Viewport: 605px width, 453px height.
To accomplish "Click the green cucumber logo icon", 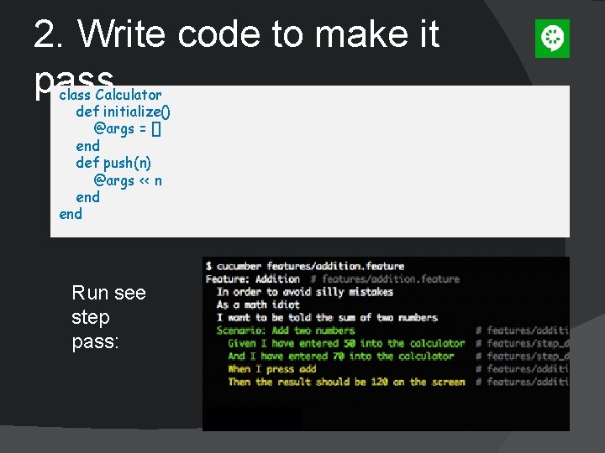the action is (x=552, y=39).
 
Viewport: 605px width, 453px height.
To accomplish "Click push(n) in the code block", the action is (x=127, y=163).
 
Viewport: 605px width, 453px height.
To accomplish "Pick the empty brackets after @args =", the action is (x=156, y=128).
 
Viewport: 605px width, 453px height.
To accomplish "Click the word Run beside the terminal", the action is (x=90, y=293).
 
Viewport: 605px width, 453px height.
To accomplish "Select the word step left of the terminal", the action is (x=91, y=318).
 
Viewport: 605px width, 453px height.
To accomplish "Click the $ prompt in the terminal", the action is (x=208, y=267).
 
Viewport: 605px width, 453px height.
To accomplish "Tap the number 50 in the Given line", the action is (x=350, y=343).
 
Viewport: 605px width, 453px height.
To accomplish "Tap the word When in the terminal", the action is (x=239, y=369).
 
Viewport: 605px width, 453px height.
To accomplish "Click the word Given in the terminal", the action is (x=242, y=343).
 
